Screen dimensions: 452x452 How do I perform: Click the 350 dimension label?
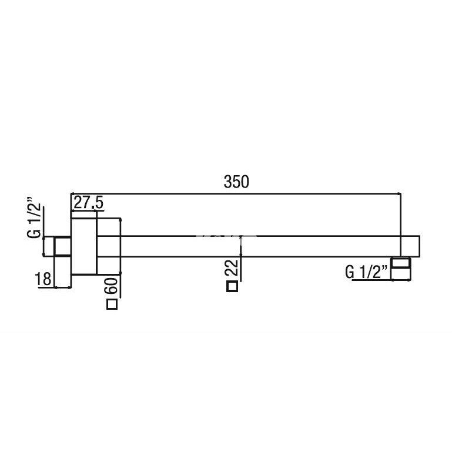pos(236,182)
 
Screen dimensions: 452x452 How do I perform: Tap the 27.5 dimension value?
pos(89,203)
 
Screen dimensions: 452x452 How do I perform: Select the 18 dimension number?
pos(43,279)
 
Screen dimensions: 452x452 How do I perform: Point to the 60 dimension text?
pos(112,286)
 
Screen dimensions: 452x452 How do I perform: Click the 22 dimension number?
pos(232,267)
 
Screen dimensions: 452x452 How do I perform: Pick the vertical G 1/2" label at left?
pos(34,217)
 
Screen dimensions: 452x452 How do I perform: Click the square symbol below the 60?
pos(112,304)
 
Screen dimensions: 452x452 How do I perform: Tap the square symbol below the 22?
pos(232,286)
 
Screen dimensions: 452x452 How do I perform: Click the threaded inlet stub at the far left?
pos(62,246)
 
